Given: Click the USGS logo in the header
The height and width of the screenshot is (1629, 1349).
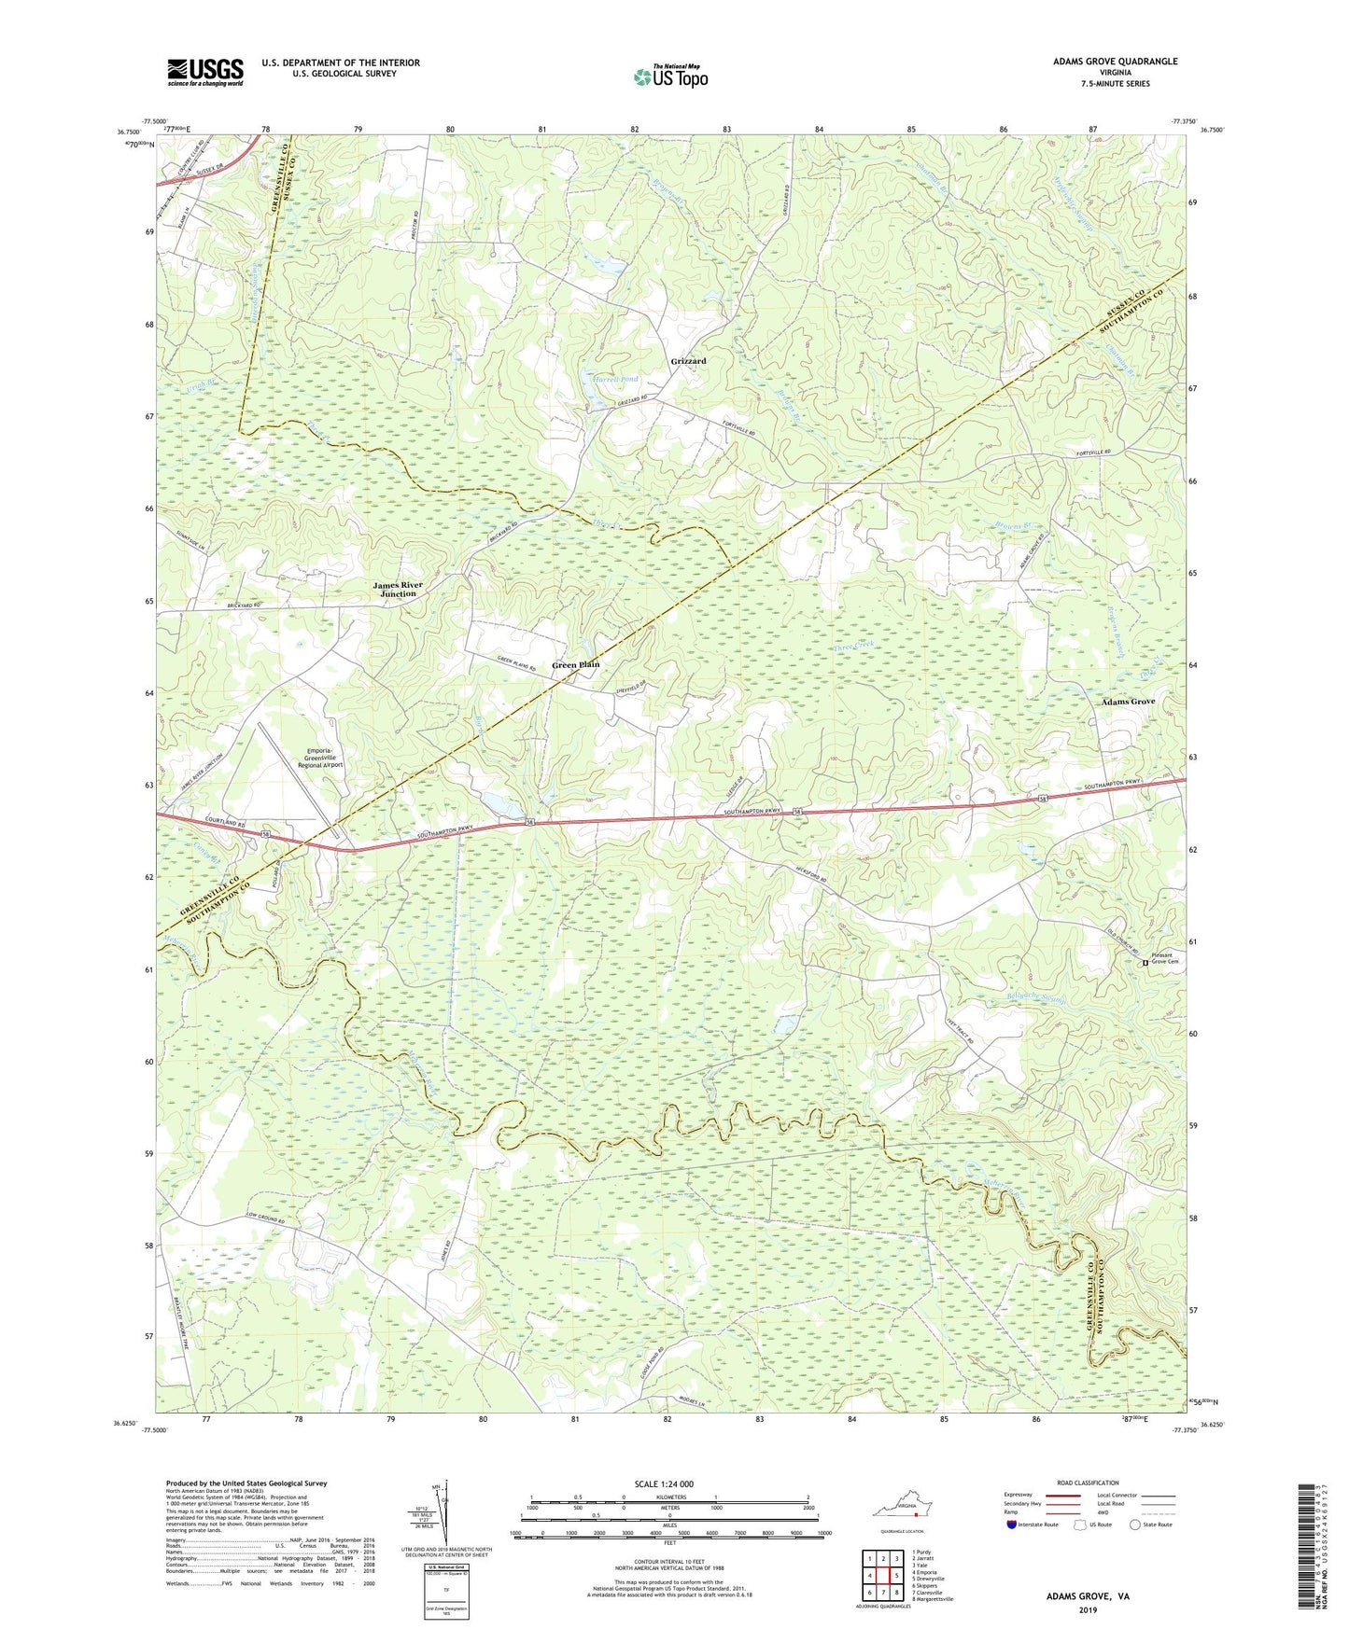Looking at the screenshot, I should click(204, 72).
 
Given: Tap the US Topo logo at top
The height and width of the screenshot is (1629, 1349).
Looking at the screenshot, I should click(669, 77).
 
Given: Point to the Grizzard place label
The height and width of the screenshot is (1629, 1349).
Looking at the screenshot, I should click(688, 361).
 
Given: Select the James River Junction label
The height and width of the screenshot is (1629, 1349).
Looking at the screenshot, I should click(398, 590).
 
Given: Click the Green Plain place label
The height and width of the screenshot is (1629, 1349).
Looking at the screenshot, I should click(575, 665).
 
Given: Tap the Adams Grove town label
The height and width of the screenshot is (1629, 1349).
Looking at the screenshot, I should click(1128, 702).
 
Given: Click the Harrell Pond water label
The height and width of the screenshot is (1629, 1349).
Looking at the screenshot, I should click(615, 380).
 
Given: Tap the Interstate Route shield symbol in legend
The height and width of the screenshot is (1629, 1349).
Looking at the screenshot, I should click(1012, 1525).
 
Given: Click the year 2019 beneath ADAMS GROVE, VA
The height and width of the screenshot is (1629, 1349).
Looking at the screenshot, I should click(1088, 1609).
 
